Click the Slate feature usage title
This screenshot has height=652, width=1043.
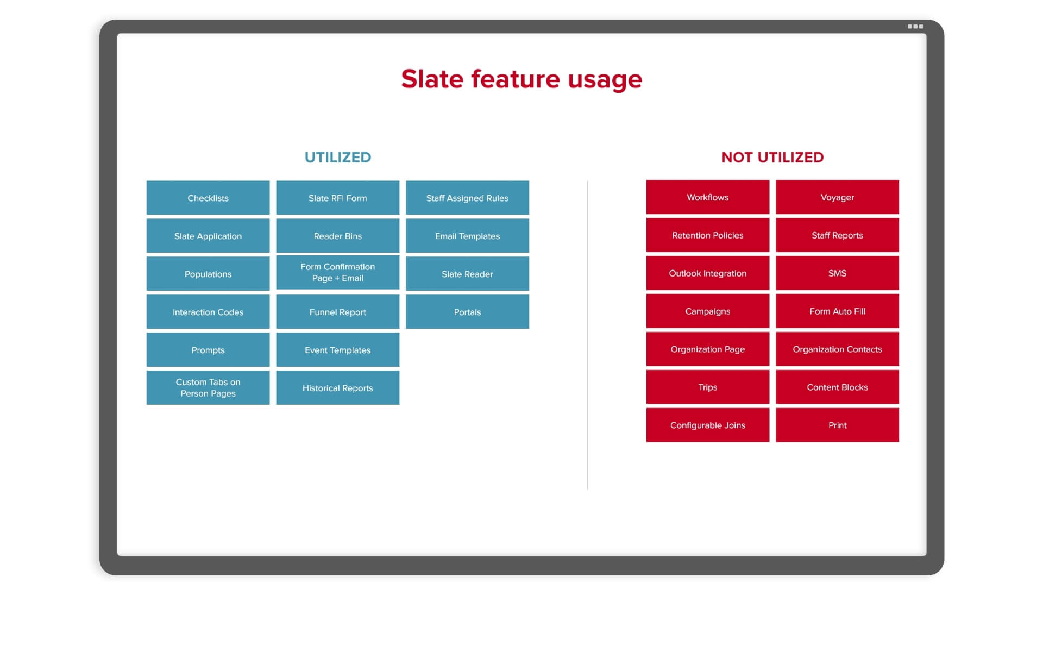(521, 79)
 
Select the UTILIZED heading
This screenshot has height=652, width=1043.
(338, 158)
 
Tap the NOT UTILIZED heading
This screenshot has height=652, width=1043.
(772, 158)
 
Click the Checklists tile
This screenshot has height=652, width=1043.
(208, 198)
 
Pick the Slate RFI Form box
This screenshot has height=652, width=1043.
(338, 198)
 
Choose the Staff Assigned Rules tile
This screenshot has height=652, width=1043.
(467, 198)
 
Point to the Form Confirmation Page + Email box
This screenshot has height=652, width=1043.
(338, 273)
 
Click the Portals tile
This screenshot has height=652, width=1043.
(467, 312)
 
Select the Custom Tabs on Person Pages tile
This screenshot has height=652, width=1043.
(208, 388)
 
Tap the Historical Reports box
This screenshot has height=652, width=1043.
(338, 388)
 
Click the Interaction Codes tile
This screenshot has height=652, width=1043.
(208, 312)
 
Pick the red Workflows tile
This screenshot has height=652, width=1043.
(708, 197)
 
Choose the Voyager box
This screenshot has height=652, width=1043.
(837, 197)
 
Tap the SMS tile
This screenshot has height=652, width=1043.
(837, 273)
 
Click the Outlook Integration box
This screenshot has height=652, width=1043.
(708, 273)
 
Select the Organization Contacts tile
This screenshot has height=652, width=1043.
(837, 349)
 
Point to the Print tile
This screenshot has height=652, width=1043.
(837, 425)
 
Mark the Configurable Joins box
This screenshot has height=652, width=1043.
(708, 425)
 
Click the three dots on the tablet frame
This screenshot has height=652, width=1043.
(915, 27)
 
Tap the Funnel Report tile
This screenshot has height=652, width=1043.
(338, 312)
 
